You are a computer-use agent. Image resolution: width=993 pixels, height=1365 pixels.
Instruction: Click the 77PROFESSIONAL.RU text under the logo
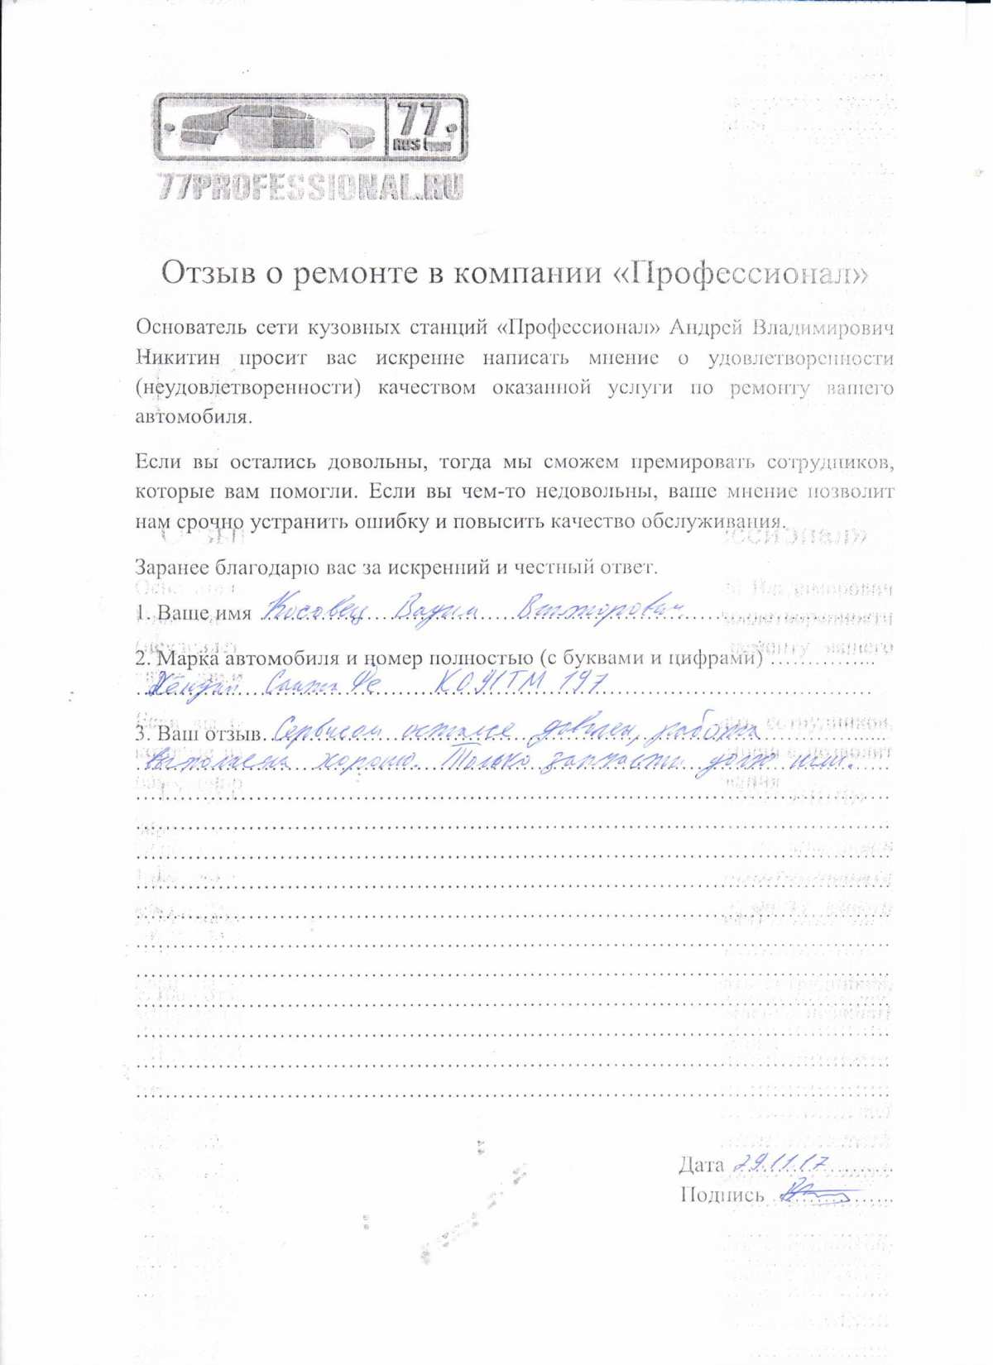pos(310,187)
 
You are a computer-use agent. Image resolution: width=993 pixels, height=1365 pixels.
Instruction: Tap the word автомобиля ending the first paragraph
pos(190,416)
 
